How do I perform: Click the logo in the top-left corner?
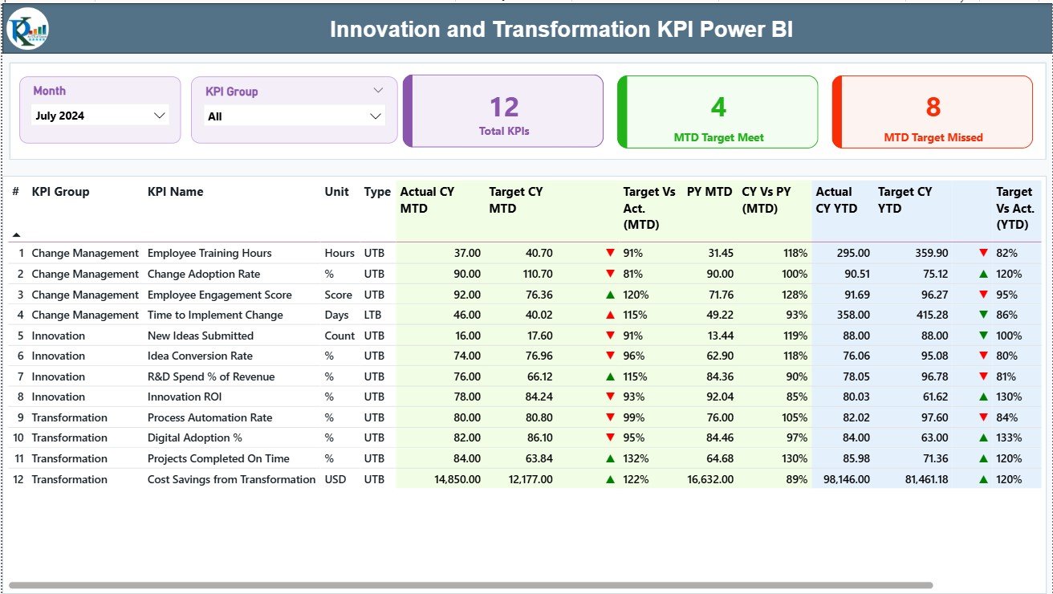coord(27,29)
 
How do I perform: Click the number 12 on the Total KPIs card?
coord(504,107)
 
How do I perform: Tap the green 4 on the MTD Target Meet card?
coord(718,107)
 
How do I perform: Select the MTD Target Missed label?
coord(933,137)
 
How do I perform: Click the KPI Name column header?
coord(175,192)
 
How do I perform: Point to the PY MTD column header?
coord(709,192)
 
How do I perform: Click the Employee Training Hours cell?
coord(209,253)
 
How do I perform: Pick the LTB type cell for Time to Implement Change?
coord(374,315)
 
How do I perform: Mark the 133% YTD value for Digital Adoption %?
coord(1009,437)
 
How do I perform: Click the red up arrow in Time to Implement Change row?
coord(610,315)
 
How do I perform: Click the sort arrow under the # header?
coord(15,234)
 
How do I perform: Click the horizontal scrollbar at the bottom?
coord(470,585)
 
